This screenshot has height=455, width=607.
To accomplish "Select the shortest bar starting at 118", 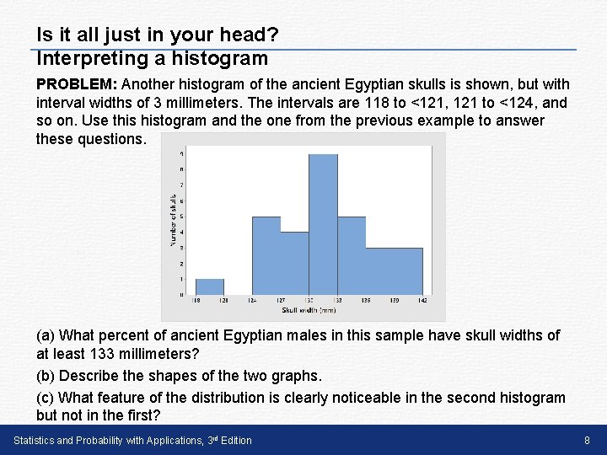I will [x=209, y=286].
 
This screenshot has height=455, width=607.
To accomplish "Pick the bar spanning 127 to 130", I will [x=294, y=263].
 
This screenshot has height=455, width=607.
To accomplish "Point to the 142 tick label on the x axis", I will [x=422, y=300].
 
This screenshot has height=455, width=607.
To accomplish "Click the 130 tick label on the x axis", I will [x=309, y=300].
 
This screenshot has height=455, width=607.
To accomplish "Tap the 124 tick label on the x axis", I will [x=252, y=300].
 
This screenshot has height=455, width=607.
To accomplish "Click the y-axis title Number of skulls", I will [x=174, y=221].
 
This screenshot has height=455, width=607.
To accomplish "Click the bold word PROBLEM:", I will [x=78, y=84].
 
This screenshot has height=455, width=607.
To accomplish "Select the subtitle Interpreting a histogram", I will [x=152, y=58].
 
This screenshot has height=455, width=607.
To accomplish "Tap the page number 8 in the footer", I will [x=587, y=440].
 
